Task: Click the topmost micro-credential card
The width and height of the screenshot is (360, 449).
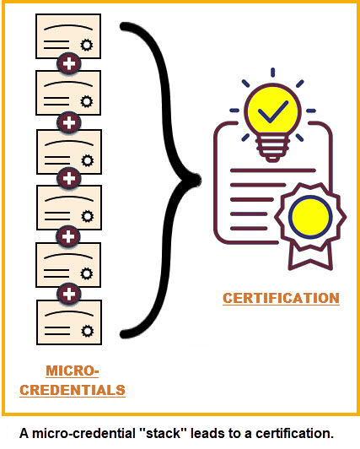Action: click(68, 35)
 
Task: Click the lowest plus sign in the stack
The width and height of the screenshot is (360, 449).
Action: click(68, 293)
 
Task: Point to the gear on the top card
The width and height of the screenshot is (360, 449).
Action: click(86, 44)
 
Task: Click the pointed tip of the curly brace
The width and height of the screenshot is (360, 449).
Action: click(195, 178)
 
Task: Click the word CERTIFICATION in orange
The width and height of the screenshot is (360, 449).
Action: click(281, 298)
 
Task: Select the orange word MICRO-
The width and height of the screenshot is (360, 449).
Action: click(73, 371)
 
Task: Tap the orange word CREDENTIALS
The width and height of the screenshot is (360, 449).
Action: click(73, 390)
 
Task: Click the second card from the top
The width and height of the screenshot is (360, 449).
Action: click(68, 93)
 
